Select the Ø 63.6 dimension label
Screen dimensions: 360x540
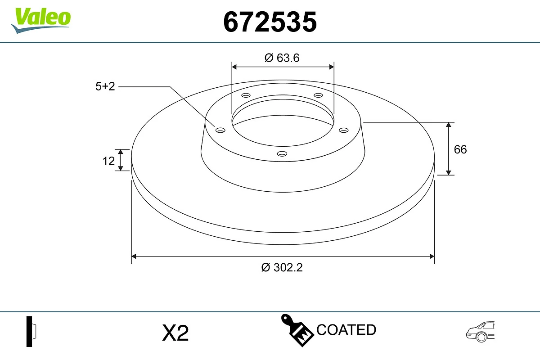(x=282, y=58)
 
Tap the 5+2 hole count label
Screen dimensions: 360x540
(x=105, y=86)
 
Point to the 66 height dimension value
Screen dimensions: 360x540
(x=460, y=149)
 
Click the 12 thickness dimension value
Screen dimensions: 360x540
(x=108, y=161)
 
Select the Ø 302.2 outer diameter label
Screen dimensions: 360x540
(x=282, y=267)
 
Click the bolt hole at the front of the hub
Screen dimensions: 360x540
(x=282, y=154)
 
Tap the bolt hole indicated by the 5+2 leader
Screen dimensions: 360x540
(x=220, y=130)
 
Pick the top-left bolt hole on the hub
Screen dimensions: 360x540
(x=246, y=95)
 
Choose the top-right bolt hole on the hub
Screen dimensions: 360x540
(x=319, y=95)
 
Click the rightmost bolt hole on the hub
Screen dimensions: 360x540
(x=344, y=130)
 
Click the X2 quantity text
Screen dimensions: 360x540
(x=175, y=333)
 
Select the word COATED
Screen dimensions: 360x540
(x=346, y=330)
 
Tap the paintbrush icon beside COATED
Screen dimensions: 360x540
(x=297, y=330)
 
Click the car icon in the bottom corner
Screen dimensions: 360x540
(x=480, y=332)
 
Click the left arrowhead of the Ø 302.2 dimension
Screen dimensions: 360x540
(x=134, y=256)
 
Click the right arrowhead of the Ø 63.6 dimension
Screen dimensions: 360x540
(x=332, y=67)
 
